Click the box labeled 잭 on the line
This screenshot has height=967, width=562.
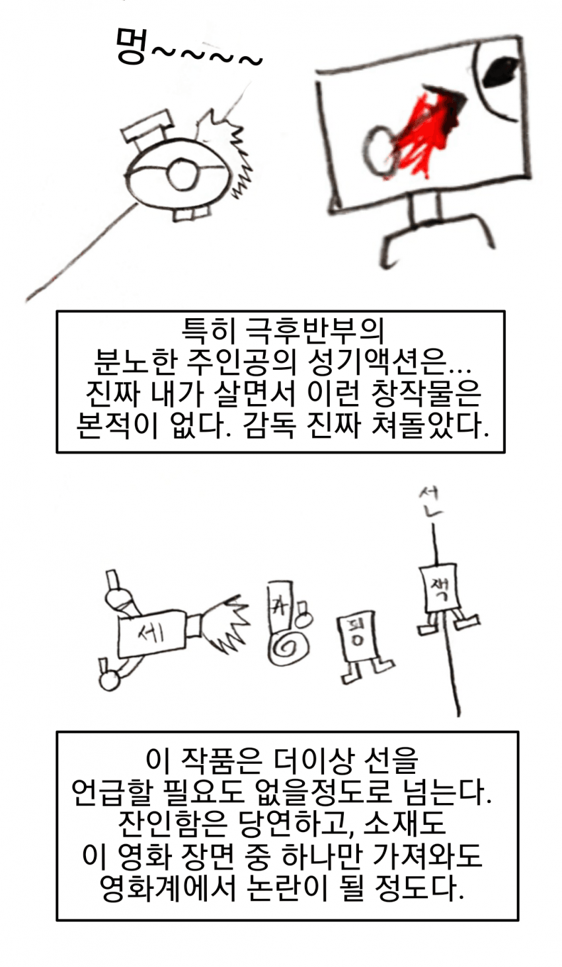[441, 587]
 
